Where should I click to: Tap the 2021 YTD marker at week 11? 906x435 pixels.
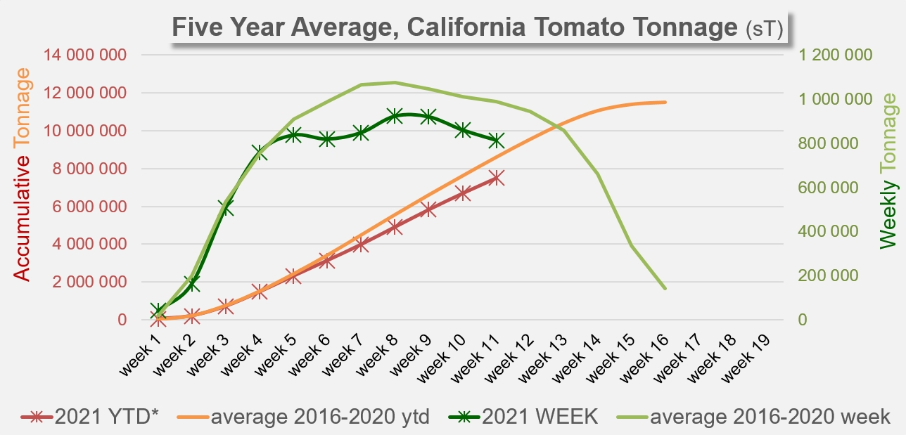coord(497,178)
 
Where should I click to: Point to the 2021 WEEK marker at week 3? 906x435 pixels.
coord(226,207)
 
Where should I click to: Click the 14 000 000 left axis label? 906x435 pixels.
coord(84,55)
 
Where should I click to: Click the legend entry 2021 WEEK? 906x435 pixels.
coord(524,417)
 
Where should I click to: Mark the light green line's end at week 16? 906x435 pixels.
coord(665,288)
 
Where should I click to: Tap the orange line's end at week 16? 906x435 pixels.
coord(665,102)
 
